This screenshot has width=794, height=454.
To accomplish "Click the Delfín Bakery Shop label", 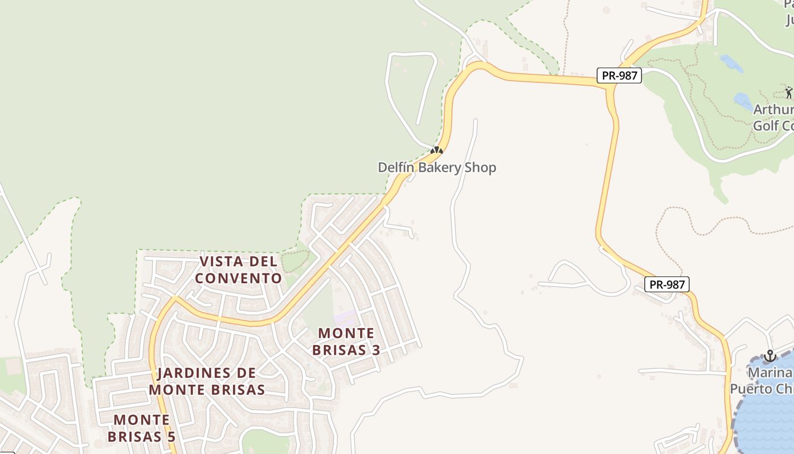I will coord(437,167).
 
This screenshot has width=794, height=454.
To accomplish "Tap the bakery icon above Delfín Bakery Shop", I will coord(436,151).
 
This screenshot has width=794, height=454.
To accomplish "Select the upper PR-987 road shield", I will coord(619,75).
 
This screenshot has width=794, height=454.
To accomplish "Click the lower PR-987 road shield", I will coord(667,284).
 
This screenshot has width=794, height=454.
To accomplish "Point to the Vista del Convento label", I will coord(238,270).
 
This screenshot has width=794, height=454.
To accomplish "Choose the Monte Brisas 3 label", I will coord(346,341).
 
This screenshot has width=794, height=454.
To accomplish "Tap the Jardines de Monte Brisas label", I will coord(207,381).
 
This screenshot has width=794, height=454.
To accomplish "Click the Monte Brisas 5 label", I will coord(141,428).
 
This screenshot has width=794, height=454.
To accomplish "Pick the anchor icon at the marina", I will coord(770,356).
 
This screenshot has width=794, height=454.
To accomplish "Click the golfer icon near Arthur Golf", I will coord(789,92).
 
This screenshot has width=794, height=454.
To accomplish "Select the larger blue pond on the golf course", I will coord(743,102).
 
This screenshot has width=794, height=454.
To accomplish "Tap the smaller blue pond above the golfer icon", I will coord(732,63).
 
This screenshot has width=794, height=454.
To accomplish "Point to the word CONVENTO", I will coord(238,279).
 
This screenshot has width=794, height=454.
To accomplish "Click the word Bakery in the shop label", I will coord(441,167).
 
